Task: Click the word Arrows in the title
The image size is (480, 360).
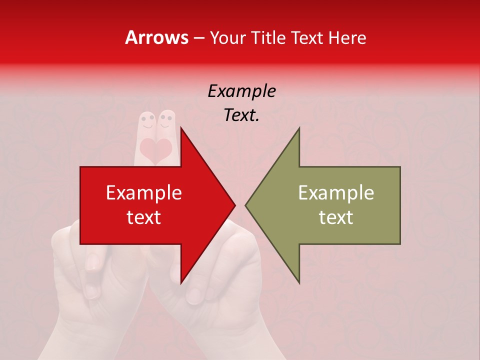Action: click(156, 37)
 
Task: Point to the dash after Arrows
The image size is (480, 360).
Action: click(198, 38)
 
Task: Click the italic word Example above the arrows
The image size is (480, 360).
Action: click(241, 91)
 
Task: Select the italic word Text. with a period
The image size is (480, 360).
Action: click(241, 115)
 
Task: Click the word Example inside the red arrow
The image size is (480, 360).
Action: click(144, 193)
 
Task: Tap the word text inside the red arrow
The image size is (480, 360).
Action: click(144, 217)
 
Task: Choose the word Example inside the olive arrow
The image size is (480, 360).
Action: click(336, 193)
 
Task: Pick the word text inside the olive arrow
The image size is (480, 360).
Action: click(336, 217)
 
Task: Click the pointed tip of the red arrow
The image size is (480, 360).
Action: click(235, 205)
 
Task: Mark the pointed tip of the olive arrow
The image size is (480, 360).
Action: click(245, 205)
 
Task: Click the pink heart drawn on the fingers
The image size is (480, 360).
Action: click(155, 150)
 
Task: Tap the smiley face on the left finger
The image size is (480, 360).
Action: click(146, 121)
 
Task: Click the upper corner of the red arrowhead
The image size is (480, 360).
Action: click(181, 127)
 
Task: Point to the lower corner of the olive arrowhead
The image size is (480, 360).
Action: click(299, 283)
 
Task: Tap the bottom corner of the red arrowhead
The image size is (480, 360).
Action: click(181, 283)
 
